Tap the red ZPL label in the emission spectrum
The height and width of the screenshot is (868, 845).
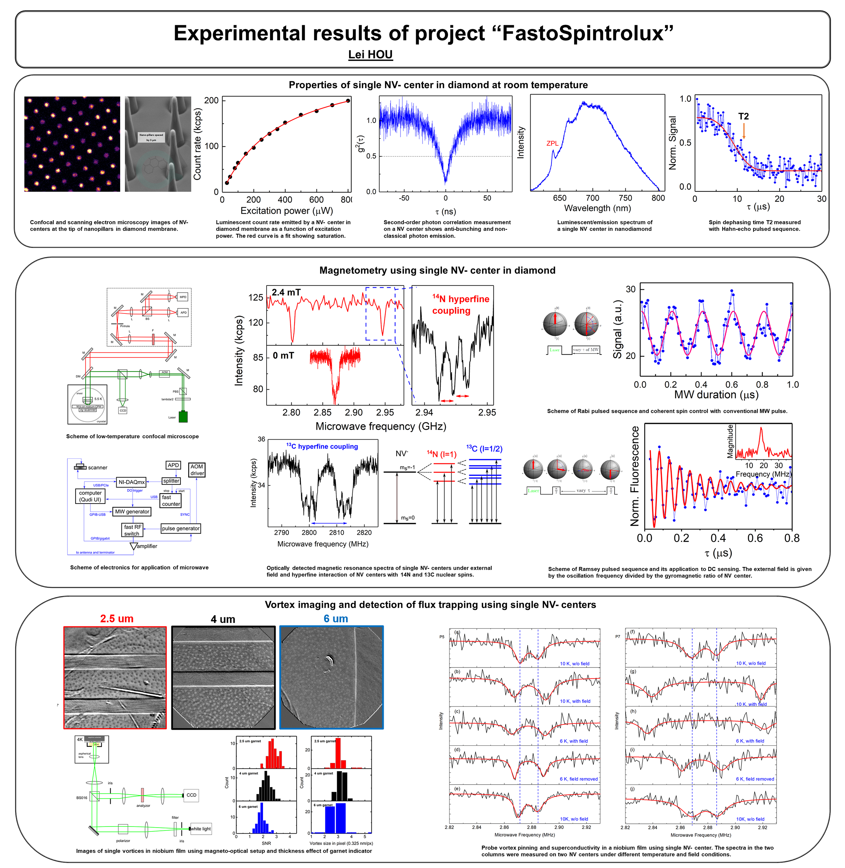click(x=552, y=143)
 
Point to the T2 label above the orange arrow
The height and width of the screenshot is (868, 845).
click(x=743, y=116)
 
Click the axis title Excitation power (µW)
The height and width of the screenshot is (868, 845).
click(x=286, y=211)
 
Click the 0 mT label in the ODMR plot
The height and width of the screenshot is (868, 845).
click(x=283, y=356)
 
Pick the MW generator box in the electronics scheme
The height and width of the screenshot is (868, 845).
click(x=132, y=512)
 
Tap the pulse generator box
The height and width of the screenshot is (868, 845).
click(x=181, y=528)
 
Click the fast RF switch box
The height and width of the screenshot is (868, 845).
click(x=132, y=530)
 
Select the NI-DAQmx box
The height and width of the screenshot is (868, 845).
click(x=131, y=482)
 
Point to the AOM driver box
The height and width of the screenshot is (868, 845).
click(x=197, y=470)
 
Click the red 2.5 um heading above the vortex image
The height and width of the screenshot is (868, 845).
click(x=117, y=618)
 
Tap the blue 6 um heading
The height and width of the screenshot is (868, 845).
click(x=336, y=618)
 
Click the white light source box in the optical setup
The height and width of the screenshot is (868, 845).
click(x=201, y=829)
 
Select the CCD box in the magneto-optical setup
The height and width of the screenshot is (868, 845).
click(x=191, y=795)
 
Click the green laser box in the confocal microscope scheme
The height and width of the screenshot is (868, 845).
click(x=183, y=417)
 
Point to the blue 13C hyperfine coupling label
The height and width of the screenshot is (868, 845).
click(x=322, y=446)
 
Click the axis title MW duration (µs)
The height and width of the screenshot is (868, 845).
click(x=716, y=395)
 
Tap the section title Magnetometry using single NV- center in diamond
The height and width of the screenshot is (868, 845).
click(x=437, y=271)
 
